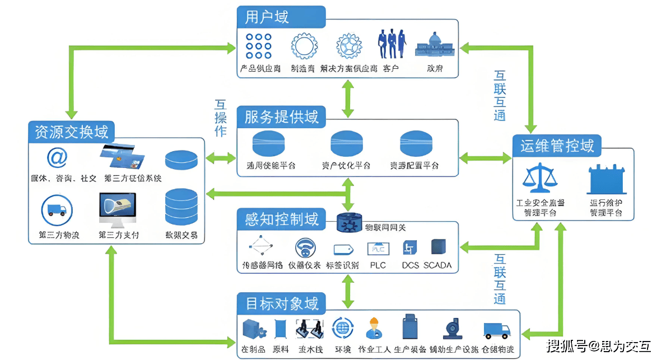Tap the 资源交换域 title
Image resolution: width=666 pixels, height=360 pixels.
(x=71, y=132)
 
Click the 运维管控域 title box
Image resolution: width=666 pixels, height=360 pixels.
(x=557, y=146)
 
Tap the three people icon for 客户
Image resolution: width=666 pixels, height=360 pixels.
(x=391, y=44)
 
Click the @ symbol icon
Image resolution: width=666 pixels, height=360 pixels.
(x=57, y=158)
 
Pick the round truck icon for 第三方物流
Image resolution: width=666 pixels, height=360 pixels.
(x=57, y=209)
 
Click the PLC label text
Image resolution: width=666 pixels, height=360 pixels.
(x=378, y=265)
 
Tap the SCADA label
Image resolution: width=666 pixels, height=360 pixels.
(x=437, y=265)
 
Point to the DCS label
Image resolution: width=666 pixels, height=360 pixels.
(x=411, y=265)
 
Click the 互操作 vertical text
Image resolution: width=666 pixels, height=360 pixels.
(x=221, y=118)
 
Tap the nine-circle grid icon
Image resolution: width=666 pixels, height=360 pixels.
(x=259, y=46)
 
